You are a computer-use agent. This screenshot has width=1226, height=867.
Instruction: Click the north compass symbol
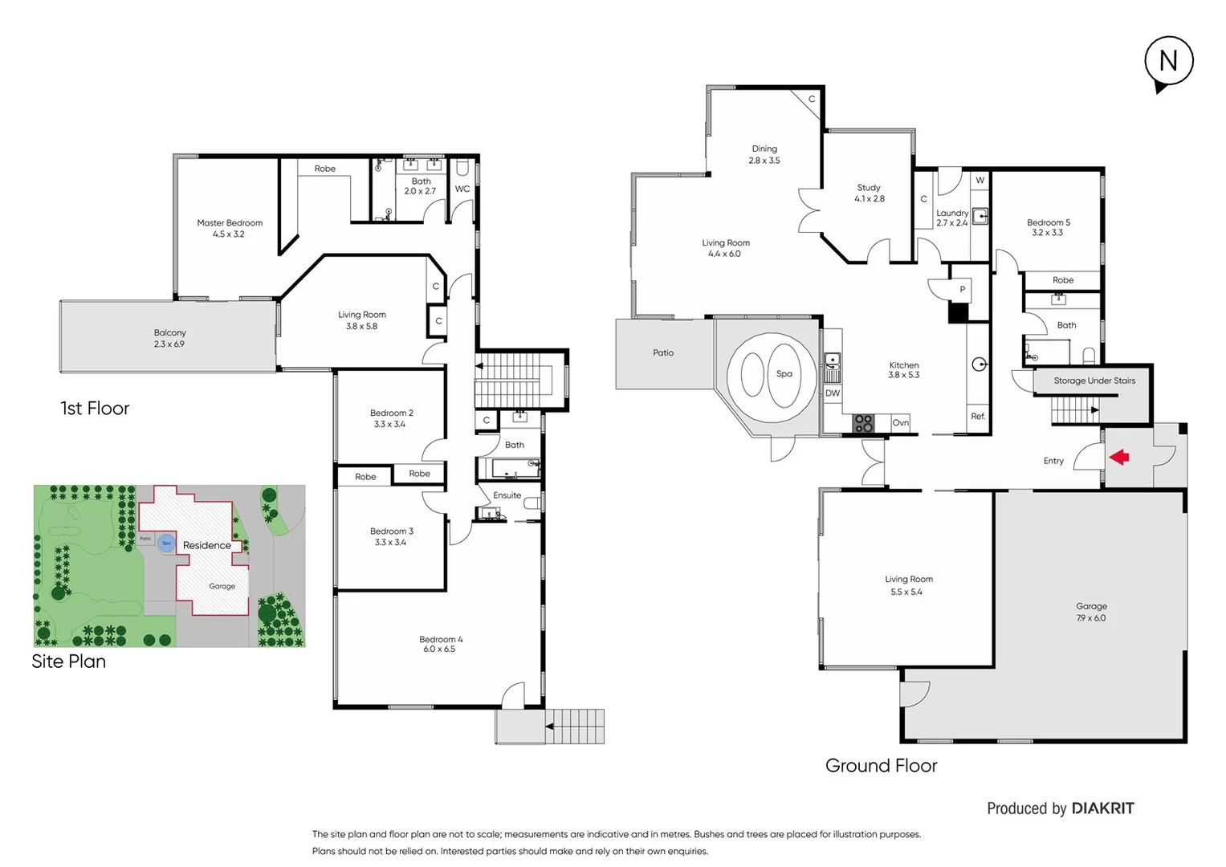1168,62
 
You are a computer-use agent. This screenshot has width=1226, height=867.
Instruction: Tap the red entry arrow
1119,457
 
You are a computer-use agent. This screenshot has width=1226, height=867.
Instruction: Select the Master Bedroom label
230,223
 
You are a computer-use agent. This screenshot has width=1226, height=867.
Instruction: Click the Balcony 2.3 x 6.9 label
169,338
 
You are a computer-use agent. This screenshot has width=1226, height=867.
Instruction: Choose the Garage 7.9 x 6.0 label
1091,612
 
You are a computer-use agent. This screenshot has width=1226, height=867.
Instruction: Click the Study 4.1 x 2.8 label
869,193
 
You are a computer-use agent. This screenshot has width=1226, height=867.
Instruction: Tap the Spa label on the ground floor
784,374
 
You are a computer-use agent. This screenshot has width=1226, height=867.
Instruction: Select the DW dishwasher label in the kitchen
833,393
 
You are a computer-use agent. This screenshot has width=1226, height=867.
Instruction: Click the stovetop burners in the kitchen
863,423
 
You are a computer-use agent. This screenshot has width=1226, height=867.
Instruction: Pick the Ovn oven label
900,423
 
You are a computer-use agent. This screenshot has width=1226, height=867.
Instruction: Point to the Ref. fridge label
978,417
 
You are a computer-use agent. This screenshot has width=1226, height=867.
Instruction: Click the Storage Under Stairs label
1094,381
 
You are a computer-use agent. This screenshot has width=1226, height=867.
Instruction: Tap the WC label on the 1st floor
462,189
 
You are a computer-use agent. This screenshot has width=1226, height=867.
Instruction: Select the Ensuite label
507,495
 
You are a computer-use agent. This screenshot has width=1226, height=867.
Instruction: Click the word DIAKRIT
1103,808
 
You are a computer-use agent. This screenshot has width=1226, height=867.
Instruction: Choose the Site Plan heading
68,661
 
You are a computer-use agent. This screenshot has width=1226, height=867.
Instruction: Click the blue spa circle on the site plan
166,543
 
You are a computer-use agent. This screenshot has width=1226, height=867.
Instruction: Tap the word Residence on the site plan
206,546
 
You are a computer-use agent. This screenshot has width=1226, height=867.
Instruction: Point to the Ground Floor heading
881,766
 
